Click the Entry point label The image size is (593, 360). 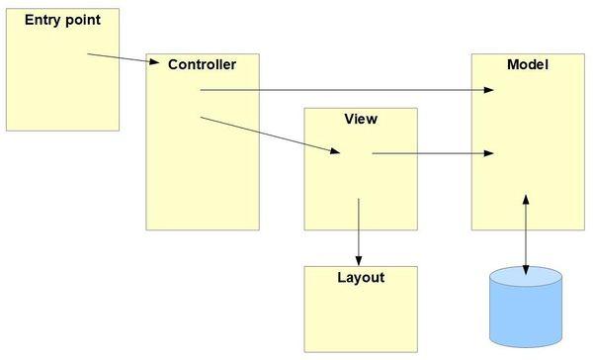tap(61, 20)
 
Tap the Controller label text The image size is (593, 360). tap(202, 65)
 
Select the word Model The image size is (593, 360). tap(527, 65)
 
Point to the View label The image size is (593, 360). tap(360, 120)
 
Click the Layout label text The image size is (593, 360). tap(360, 278)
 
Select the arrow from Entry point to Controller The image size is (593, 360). tap(123, 59)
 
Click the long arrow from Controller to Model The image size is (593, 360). tap(346, 90)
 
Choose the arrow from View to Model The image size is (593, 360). tap(433, 153)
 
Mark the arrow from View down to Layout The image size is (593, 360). tap(359, 229)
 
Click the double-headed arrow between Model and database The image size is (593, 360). tap(525, 235)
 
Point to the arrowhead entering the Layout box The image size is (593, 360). tap(359, 259)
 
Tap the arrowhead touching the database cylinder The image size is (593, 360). tap(525, 270)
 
